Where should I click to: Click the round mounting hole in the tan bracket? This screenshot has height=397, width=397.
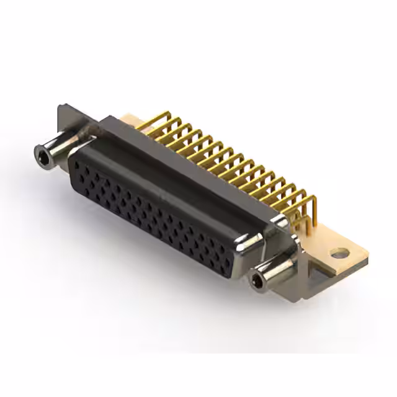[x=339, y=252]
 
